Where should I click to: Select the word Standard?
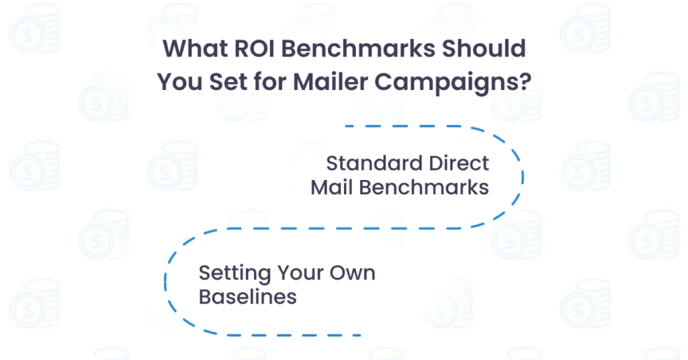point(373,163)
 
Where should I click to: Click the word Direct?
point(458,163)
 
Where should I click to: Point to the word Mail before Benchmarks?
point(332,187)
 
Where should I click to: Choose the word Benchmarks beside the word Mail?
point(424,187)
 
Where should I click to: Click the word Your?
point(298,273)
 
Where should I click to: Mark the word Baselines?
point(248,297)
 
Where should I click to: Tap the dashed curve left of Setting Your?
point(165,282)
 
